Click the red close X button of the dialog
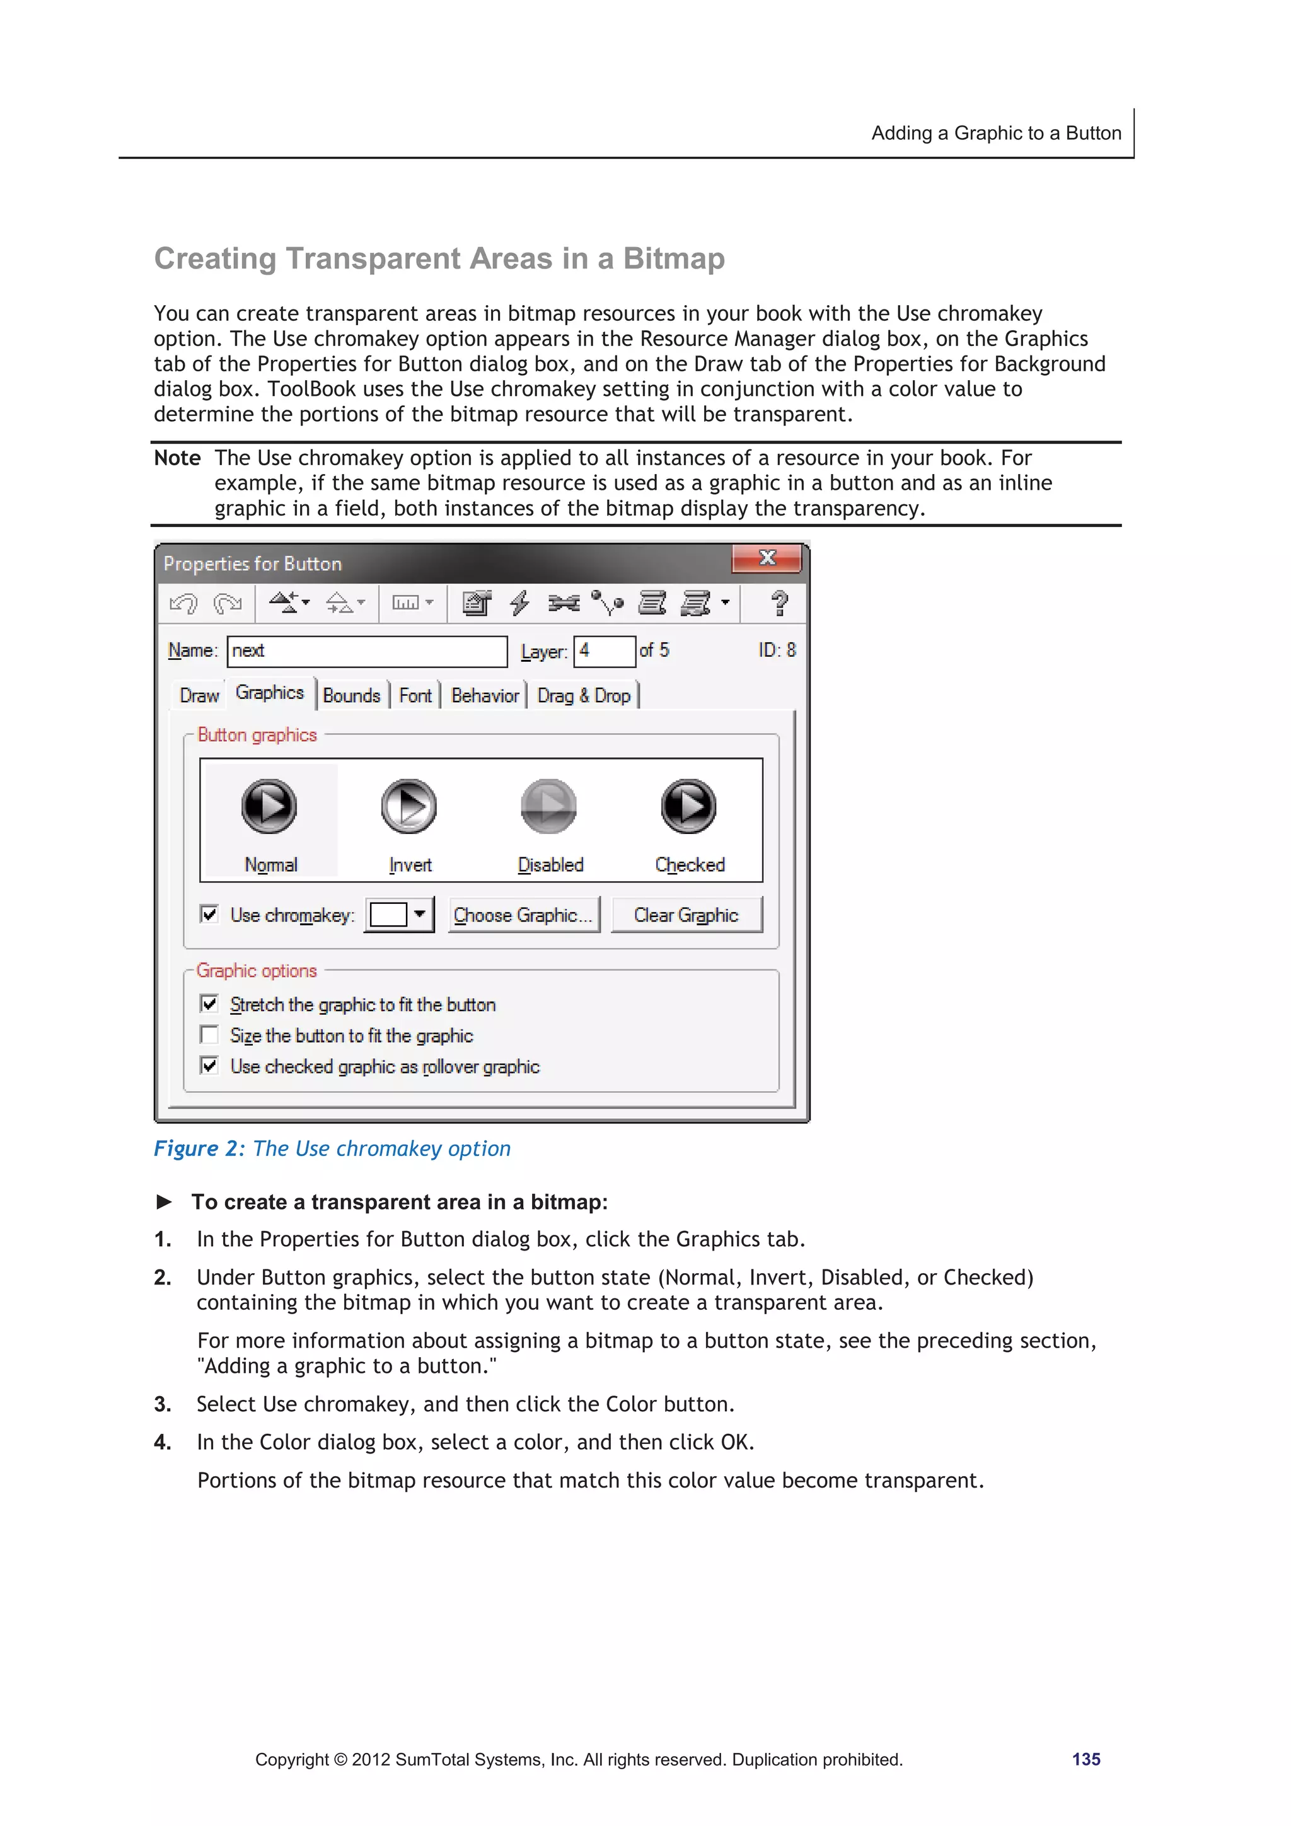[766, 558]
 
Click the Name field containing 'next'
[367, 651]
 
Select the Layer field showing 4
[605, 651]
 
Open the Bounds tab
[352, 696]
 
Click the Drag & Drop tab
[584, 696]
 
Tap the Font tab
[415, 696]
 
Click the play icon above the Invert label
[409, 806]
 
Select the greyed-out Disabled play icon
[549, 806]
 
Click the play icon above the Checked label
[688, 806]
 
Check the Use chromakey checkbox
[209, 914]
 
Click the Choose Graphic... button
[523, 915]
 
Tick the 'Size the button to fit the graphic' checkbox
[209, 1035]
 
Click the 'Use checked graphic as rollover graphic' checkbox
[209, 1066]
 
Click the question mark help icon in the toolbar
[780, 604]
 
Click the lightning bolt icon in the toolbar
[519, 604]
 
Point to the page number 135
[1085, 1759]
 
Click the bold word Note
[177, 458]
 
